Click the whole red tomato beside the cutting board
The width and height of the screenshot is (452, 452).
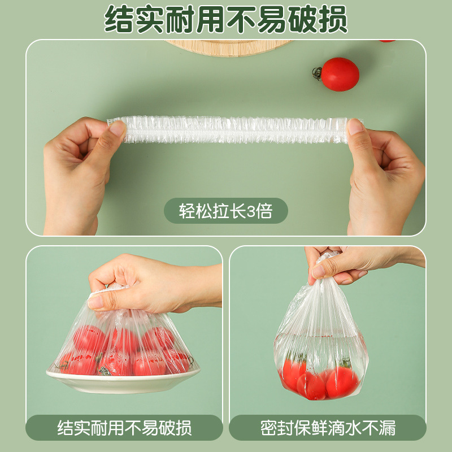coord(340,74)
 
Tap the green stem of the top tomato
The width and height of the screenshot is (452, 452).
coord(318,72)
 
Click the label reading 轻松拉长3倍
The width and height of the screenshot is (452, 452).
coord(225,211)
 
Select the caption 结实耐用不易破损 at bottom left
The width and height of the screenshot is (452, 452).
coord(124,428)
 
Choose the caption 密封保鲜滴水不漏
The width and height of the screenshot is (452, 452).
coord(328,428)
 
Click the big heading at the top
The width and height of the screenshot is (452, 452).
coord(226,20)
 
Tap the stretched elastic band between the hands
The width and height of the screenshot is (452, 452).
coord(229,129)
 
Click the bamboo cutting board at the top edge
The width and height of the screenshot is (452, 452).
coord(229,47)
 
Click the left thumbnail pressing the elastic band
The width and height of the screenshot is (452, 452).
coord(118,128)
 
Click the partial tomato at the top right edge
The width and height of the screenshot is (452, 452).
coord(387,41)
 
